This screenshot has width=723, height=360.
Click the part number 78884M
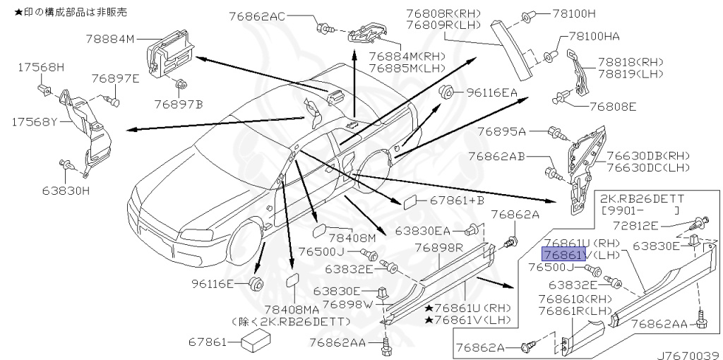[110, 40]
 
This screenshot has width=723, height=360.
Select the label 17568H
[41, 67]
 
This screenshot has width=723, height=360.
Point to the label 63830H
[66, 189]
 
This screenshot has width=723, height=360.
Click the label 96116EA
[491, 93]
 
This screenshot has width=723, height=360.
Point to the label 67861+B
[458, 200]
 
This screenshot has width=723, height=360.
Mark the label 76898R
[438, 248]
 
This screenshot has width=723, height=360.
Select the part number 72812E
[635, 225]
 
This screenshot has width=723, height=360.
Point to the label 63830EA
[422, 231]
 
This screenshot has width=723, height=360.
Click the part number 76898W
[346, 304]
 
